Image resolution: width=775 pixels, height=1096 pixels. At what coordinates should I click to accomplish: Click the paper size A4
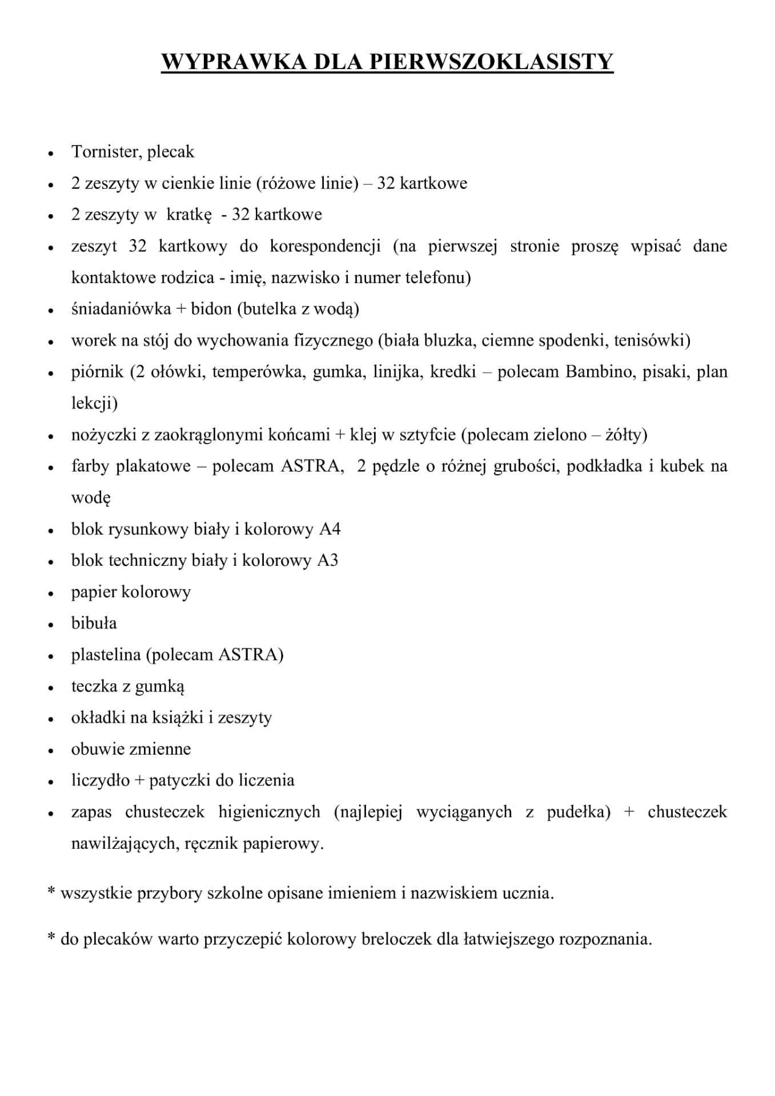point(330,529)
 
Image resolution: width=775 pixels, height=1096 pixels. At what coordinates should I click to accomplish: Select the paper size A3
point(327,561)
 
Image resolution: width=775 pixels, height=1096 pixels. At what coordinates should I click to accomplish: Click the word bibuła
point(94,623)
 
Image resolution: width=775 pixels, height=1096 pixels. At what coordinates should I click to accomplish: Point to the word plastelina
point(106,655)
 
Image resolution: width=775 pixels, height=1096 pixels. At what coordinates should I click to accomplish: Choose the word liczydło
point(101,780)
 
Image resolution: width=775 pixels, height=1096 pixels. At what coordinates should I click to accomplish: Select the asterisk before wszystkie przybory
point(51,890)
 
